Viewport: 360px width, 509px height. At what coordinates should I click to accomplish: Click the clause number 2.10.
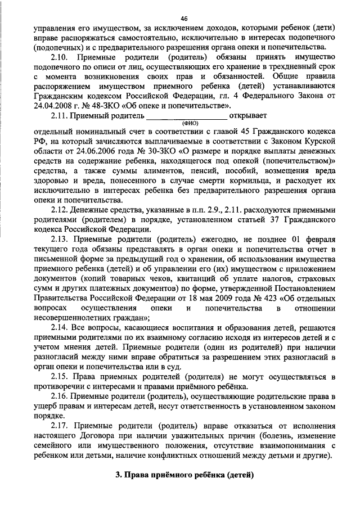pyautogui.click(x=60, y=57)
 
